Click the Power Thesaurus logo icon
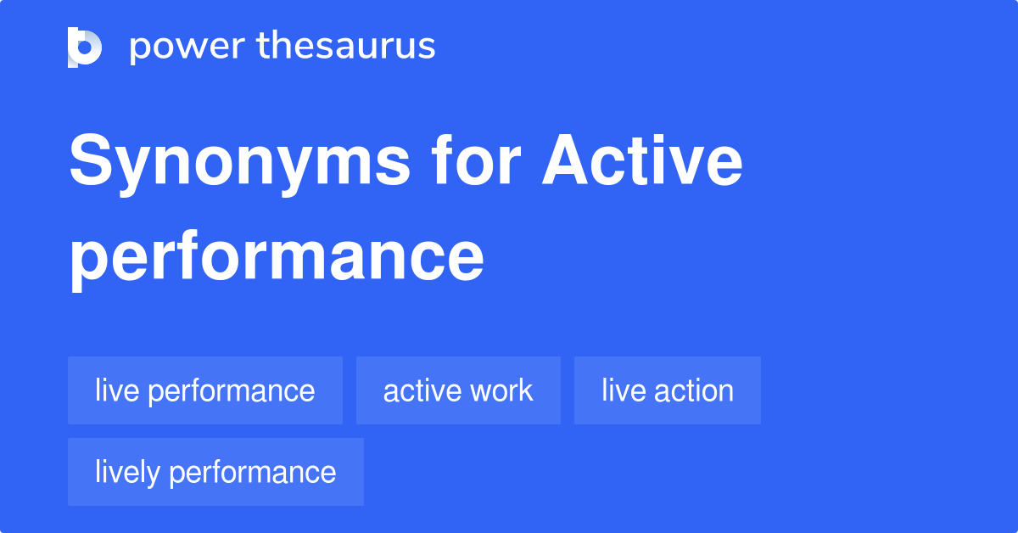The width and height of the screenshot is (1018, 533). tap(85, 47)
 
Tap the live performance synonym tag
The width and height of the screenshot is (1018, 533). tap(204, 390)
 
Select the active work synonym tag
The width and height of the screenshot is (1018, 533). tap(458, 390)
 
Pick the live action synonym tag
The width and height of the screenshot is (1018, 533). tap(667, 390)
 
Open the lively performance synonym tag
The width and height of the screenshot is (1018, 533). tap(215, 472)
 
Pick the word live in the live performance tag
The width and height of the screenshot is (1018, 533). tap(115, 390)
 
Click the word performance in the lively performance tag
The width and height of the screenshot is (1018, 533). tap(253, 472)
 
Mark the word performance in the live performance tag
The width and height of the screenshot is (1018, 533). tap(232, 391)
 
